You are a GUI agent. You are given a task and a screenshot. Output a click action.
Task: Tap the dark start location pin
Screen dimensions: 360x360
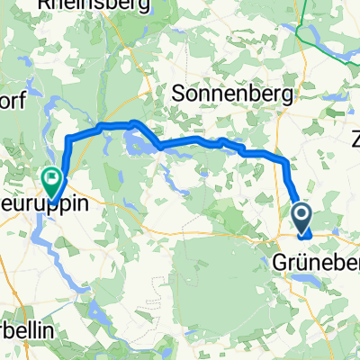coord(301,215)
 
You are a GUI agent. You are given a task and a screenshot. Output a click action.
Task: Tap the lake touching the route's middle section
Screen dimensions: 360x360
coord(139,142)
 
